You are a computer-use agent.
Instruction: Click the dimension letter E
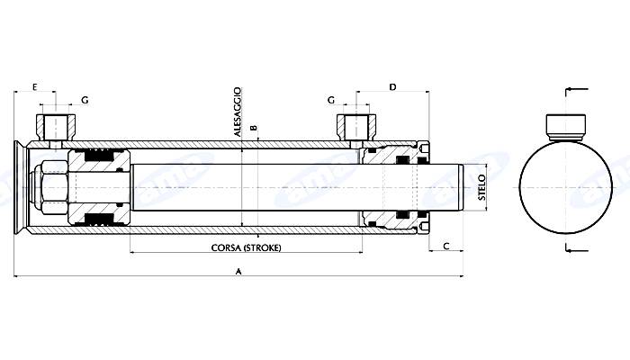(34, 86)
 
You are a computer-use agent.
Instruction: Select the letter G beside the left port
(84, 99)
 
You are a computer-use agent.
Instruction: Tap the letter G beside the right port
(331, 99)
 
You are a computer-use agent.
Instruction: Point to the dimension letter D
(392, 86)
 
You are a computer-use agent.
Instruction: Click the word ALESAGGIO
(238, 112)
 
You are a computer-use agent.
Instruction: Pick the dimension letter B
(255, 128)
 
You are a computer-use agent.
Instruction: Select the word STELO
(481, 189)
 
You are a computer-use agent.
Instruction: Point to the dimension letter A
(238, 271)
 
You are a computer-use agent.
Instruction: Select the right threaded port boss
(355, 124)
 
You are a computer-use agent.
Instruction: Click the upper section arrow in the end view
(576, 89)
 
